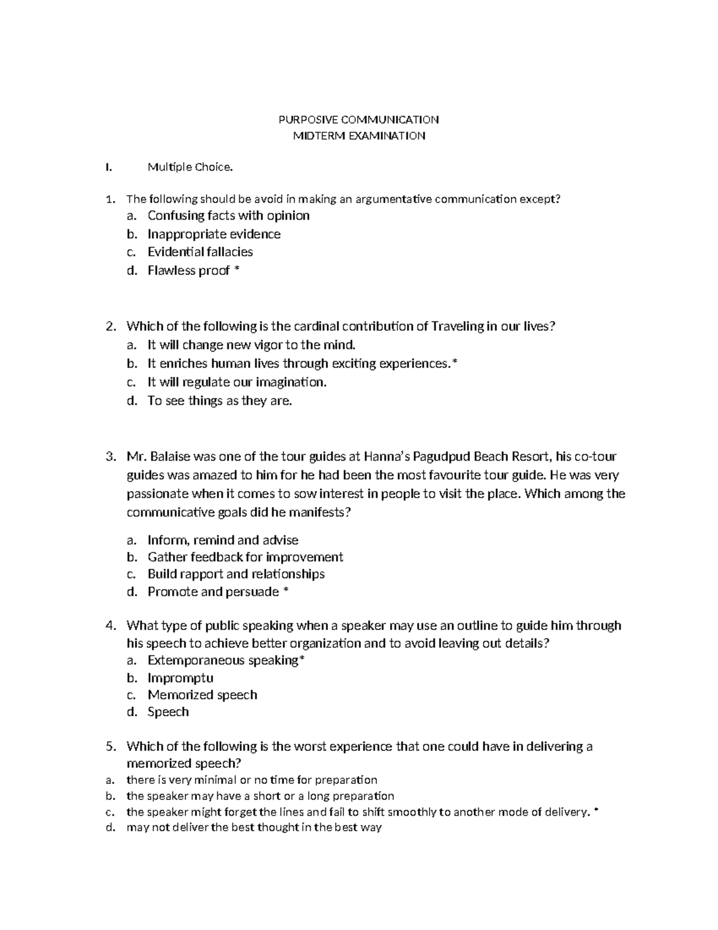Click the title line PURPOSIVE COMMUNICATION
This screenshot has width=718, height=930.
click(358, 120)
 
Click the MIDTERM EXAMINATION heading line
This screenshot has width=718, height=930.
click(358, 136)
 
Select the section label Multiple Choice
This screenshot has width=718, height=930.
click(190, 168)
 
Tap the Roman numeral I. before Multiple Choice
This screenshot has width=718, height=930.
click(108, 168)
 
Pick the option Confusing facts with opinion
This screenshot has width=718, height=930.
click(229, 216)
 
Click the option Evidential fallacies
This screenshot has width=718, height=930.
click(200, 252)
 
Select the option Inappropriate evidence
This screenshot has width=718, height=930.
click(214, 234)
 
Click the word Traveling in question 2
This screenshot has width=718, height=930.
click(458, 326)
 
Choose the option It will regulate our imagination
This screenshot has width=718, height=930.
click(238, 382)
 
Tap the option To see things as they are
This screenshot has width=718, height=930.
click(220, 401)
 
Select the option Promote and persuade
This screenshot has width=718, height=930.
click(213, 592)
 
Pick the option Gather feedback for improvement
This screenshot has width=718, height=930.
click(245, 558)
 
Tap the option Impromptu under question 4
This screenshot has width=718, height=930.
click(180, 678)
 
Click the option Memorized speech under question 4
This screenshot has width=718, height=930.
click(202, 695)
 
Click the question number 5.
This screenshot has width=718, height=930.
click(109, 747)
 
